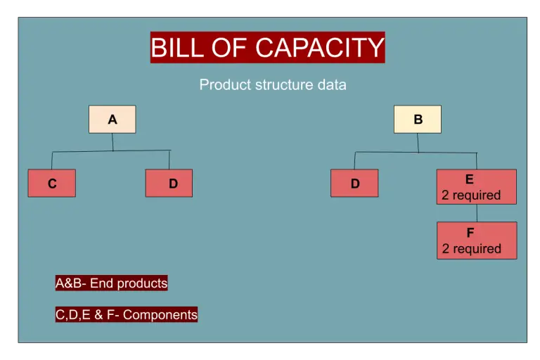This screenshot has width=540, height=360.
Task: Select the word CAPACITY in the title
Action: coord(320,48)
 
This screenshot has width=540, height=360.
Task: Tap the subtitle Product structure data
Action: coord(273,85)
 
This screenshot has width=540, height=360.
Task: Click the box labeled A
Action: coord(112,120)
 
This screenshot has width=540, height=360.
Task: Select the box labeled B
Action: coord(418,120)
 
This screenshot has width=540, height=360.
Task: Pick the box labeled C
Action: coord(52,184)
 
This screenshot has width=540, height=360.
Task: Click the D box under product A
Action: coord(169,184)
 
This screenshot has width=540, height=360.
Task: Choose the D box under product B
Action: coord(354,184)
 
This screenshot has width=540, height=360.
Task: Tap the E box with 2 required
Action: coord(476,186)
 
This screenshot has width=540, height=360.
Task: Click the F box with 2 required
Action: coord(476,240)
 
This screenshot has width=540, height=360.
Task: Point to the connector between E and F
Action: coord(477,213)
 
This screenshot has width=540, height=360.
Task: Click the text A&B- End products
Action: coord(111,283)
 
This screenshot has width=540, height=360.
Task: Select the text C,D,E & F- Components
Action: coord(127,314)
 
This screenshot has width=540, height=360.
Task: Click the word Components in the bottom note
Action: coord(160,314)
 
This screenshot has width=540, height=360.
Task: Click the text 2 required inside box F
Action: coord(472,249)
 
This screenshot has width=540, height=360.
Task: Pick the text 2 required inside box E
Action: coord(471,195)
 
